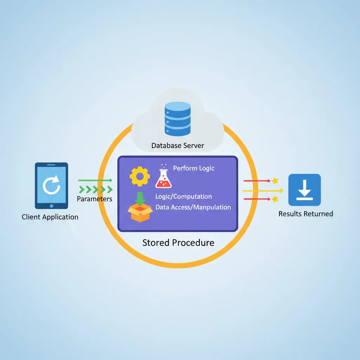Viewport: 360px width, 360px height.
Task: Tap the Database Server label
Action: coord(178,145)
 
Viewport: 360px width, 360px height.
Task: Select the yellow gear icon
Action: coord(139,176)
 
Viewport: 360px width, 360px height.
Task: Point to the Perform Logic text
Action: coord(194,168)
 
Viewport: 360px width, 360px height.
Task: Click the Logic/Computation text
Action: coord(184,197)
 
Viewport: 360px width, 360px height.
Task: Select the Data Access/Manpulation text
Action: coord(193,207)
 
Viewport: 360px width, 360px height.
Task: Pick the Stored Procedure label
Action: coord(178,243)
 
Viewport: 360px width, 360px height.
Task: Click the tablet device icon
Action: coord(51,185)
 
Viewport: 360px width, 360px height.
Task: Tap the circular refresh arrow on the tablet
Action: coord(51,185)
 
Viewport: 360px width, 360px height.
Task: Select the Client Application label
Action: coord(50,217)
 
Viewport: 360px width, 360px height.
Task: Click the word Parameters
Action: coord(94,199)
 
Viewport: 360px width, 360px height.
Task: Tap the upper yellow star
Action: coord(275,181)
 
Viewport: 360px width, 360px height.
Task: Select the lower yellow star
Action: coord(275,199)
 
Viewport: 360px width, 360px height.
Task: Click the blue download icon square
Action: coord(304,190)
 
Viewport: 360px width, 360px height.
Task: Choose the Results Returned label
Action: coord(306,214)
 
